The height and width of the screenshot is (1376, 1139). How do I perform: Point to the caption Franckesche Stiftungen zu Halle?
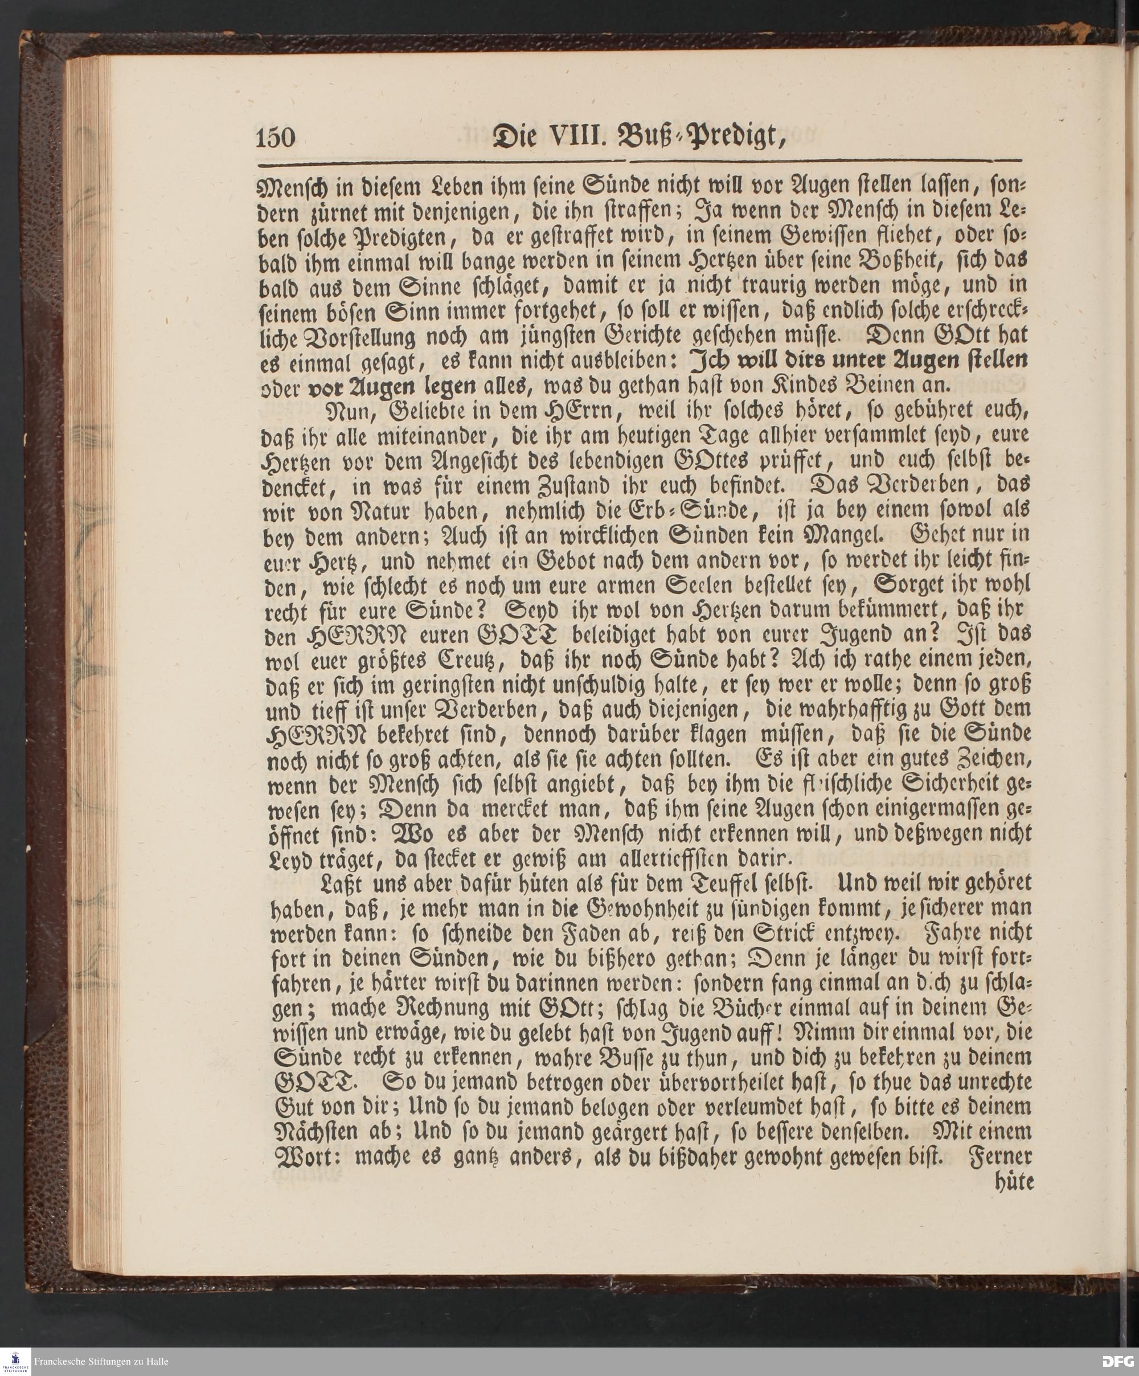pos(101,1362)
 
